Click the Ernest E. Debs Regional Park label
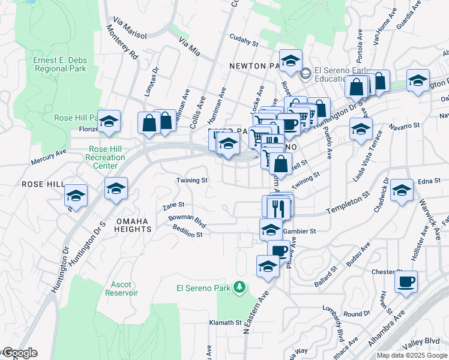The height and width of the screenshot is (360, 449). tap(59, 64)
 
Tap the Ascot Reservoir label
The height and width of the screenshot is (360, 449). tap(121, 288)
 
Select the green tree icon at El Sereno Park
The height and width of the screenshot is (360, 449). tap(240, 288)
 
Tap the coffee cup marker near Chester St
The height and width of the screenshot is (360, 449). tap(406, 281)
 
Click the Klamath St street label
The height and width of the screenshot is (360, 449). tap(225, 323)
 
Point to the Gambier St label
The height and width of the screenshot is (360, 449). tap(300, 230)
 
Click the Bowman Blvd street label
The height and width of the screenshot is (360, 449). tap(187, 221)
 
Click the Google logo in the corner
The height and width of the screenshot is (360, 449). tap(19, 353)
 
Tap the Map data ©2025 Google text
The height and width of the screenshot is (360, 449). tap(412, 355)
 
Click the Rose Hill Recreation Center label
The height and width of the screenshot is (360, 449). tap(107, 157)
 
